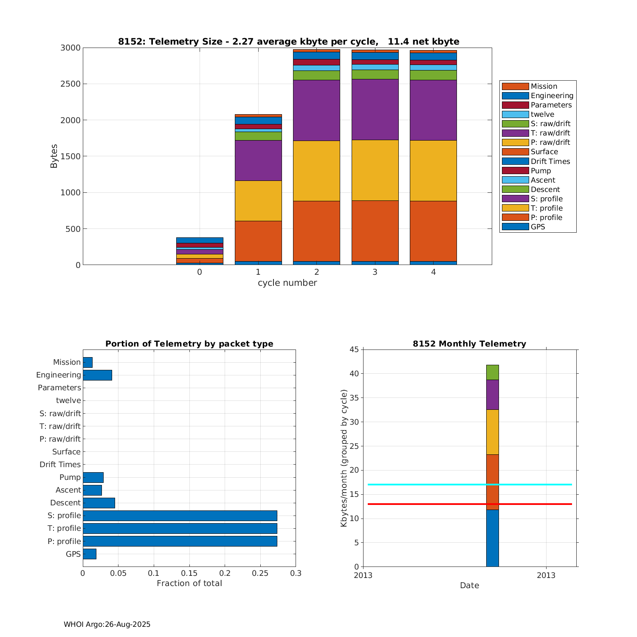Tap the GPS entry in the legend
538,227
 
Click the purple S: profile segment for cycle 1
258,161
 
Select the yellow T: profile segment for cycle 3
375,170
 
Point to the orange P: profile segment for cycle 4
433,231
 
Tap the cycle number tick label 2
317,272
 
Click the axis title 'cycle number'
287,283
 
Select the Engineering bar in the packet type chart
97,375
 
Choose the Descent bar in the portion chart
99,503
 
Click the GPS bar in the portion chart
89,554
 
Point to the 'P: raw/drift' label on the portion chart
59,439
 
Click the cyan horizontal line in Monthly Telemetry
425,485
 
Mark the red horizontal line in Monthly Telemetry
425,504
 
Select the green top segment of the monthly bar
492,372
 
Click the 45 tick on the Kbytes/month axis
354,350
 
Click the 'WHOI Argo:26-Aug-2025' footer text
107,624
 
